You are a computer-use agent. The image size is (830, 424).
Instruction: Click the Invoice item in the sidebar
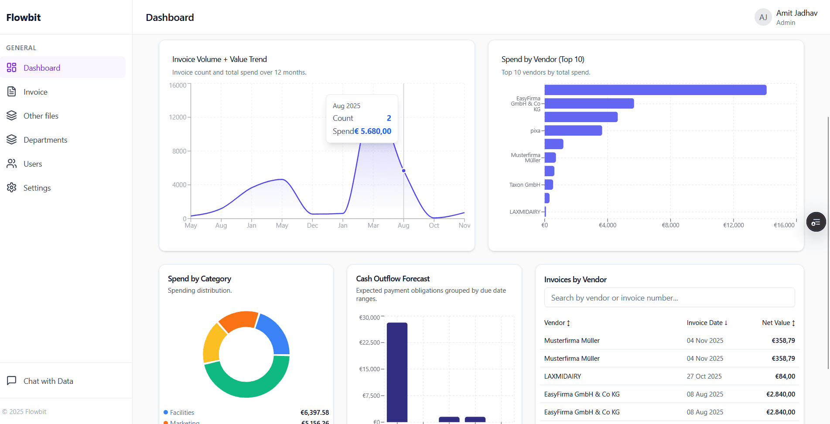coord(35,92)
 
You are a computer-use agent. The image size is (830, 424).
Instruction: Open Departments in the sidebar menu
coord(45,140)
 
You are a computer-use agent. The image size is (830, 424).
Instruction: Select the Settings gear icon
coord(12,188)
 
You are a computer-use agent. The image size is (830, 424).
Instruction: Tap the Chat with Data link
coord(48,381)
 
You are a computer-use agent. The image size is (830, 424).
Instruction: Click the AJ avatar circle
coord(763,17)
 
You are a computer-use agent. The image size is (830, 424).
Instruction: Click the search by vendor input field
coord(669,298)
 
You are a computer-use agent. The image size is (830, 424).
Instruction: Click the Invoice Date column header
coord(707,323)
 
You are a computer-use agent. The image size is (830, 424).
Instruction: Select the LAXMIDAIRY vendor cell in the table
coord(563,376)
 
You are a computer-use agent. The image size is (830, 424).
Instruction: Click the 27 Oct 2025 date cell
coord(704,376)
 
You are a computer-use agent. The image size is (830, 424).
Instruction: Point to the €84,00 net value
coord(785,376)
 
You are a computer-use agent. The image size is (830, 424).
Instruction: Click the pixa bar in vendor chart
coord(573,130)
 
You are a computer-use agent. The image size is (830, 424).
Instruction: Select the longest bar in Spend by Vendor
coord(655,90)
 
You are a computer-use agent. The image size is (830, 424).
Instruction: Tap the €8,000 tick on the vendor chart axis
coord(670,225)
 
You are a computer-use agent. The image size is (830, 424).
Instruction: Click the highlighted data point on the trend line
coord(403,171)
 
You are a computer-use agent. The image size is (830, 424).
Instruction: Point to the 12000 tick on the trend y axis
coord(178,117)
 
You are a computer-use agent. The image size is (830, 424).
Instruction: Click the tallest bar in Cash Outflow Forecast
coord(397,371)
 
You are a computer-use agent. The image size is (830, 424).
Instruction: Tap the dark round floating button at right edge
coord(816,222)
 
